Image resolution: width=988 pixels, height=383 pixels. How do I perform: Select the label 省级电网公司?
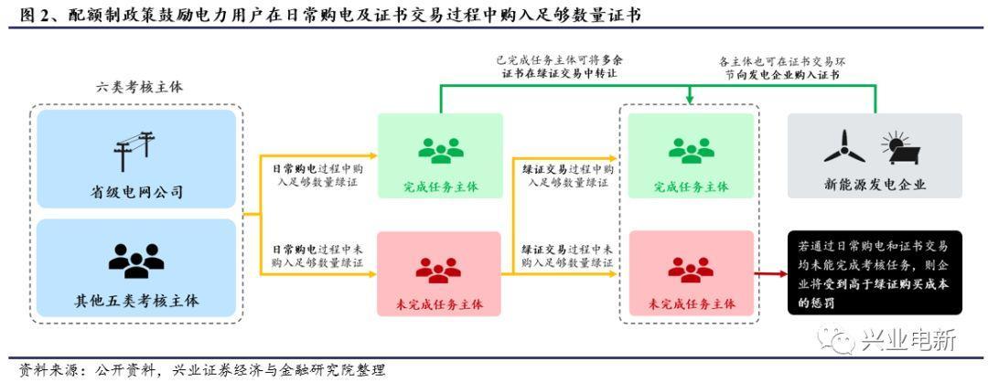pyautogui.click(x=136, y=192)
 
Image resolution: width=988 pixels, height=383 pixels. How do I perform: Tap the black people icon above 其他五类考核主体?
pyautogui.click(x=136, y=261)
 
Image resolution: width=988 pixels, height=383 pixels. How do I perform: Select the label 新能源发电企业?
pyautogui.click(x=875, y=184)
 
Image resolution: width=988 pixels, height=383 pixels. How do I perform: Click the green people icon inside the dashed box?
pyautogui.click(x=691, y=150)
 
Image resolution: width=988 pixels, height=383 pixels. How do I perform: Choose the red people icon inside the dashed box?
pyautogui.click(x=691, y=269)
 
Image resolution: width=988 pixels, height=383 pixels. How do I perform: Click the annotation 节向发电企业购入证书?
pyautogui.click(x=789, y=75)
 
